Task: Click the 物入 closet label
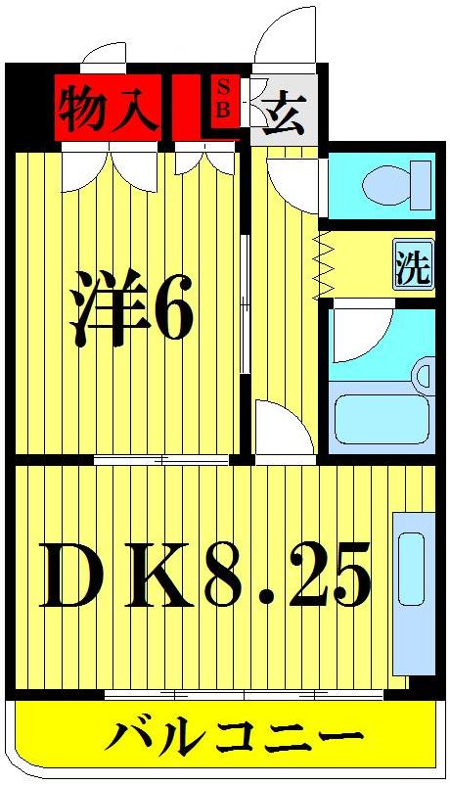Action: tap(107, 109)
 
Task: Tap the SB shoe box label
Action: tap(222, 99)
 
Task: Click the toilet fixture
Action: tap(396, 182)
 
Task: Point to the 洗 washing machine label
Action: tap(413, 266)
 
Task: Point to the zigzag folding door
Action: tap(324, 267)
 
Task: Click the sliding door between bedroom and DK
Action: tap(161, 459)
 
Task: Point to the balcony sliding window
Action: tap(245, 694)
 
